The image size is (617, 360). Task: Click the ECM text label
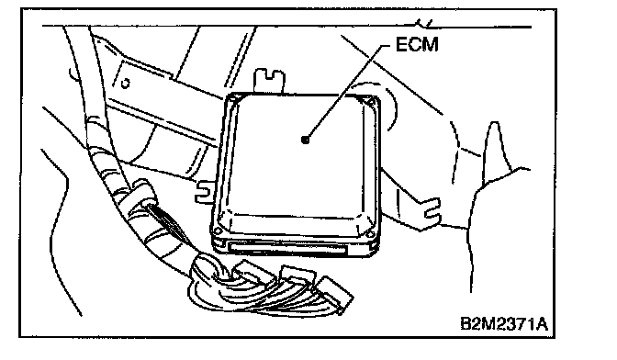point(417,44)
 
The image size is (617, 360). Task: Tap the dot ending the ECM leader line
point(305,140)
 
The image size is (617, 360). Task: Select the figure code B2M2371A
point(504,324)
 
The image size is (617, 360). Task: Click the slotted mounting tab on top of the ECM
point(270,81)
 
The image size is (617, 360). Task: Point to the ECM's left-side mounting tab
point(206,191)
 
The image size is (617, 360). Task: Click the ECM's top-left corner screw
point(233,100)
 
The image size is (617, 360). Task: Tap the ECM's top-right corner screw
point(369,101)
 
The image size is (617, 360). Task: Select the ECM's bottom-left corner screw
point(217,231)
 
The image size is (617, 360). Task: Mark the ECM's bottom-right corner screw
point(369,235)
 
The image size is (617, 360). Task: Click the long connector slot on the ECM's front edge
point(287,249)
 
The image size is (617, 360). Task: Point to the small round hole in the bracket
point(125,84)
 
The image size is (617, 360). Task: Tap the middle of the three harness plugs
point(297,276)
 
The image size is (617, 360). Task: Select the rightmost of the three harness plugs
point(335,293)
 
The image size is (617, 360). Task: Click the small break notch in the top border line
point(425,24)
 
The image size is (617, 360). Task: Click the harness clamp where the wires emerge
point(142,192)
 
